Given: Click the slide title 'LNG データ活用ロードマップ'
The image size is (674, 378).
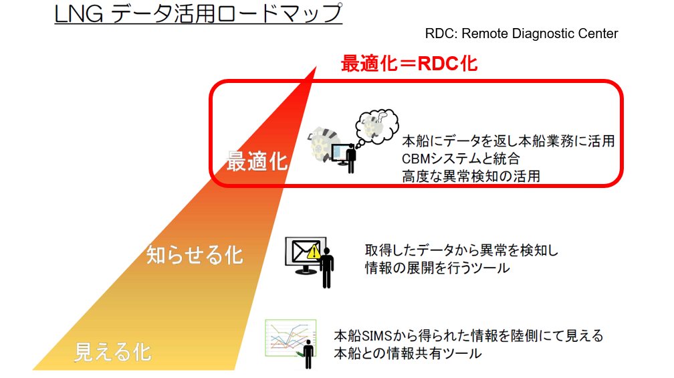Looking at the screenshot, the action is point(198,13).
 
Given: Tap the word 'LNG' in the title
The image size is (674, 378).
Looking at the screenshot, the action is point(79,14).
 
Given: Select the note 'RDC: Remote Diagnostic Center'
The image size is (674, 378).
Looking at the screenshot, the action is point(522,33).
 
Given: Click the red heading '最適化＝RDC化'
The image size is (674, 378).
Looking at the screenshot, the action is point(409,64).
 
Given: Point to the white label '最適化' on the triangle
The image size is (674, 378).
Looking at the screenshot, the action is point(257,162).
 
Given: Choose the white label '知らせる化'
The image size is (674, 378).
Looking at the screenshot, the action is point(195,255).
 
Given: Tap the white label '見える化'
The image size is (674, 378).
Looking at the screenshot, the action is point(113,352).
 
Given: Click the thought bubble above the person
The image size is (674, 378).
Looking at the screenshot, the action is point(376,126).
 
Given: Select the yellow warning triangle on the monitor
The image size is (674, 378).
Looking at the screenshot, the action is point(314,252).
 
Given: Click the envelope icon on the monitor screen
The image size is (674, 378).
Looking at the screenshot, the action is point(303,251).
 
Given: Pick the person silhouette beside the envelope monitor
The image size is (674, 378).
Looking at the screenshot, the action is point(327,268).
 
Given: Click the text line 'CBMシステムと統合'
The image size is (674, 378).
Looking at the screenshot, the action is point(461,159).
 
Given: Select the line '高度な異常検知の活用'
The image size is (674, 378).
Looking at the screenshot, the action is point(471,177).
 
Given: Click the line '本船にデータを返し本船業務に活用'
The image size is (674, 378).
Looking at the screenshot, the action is point(508,141).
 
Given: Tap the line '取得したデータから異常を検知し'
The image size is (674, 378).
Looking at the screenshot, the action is point(461,250).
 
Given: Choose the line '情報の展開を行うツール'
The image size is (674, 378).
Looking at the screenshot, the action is point(437,268).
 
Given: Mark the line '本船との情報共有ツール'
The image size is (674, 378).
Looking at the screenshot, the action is point(408,353).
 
